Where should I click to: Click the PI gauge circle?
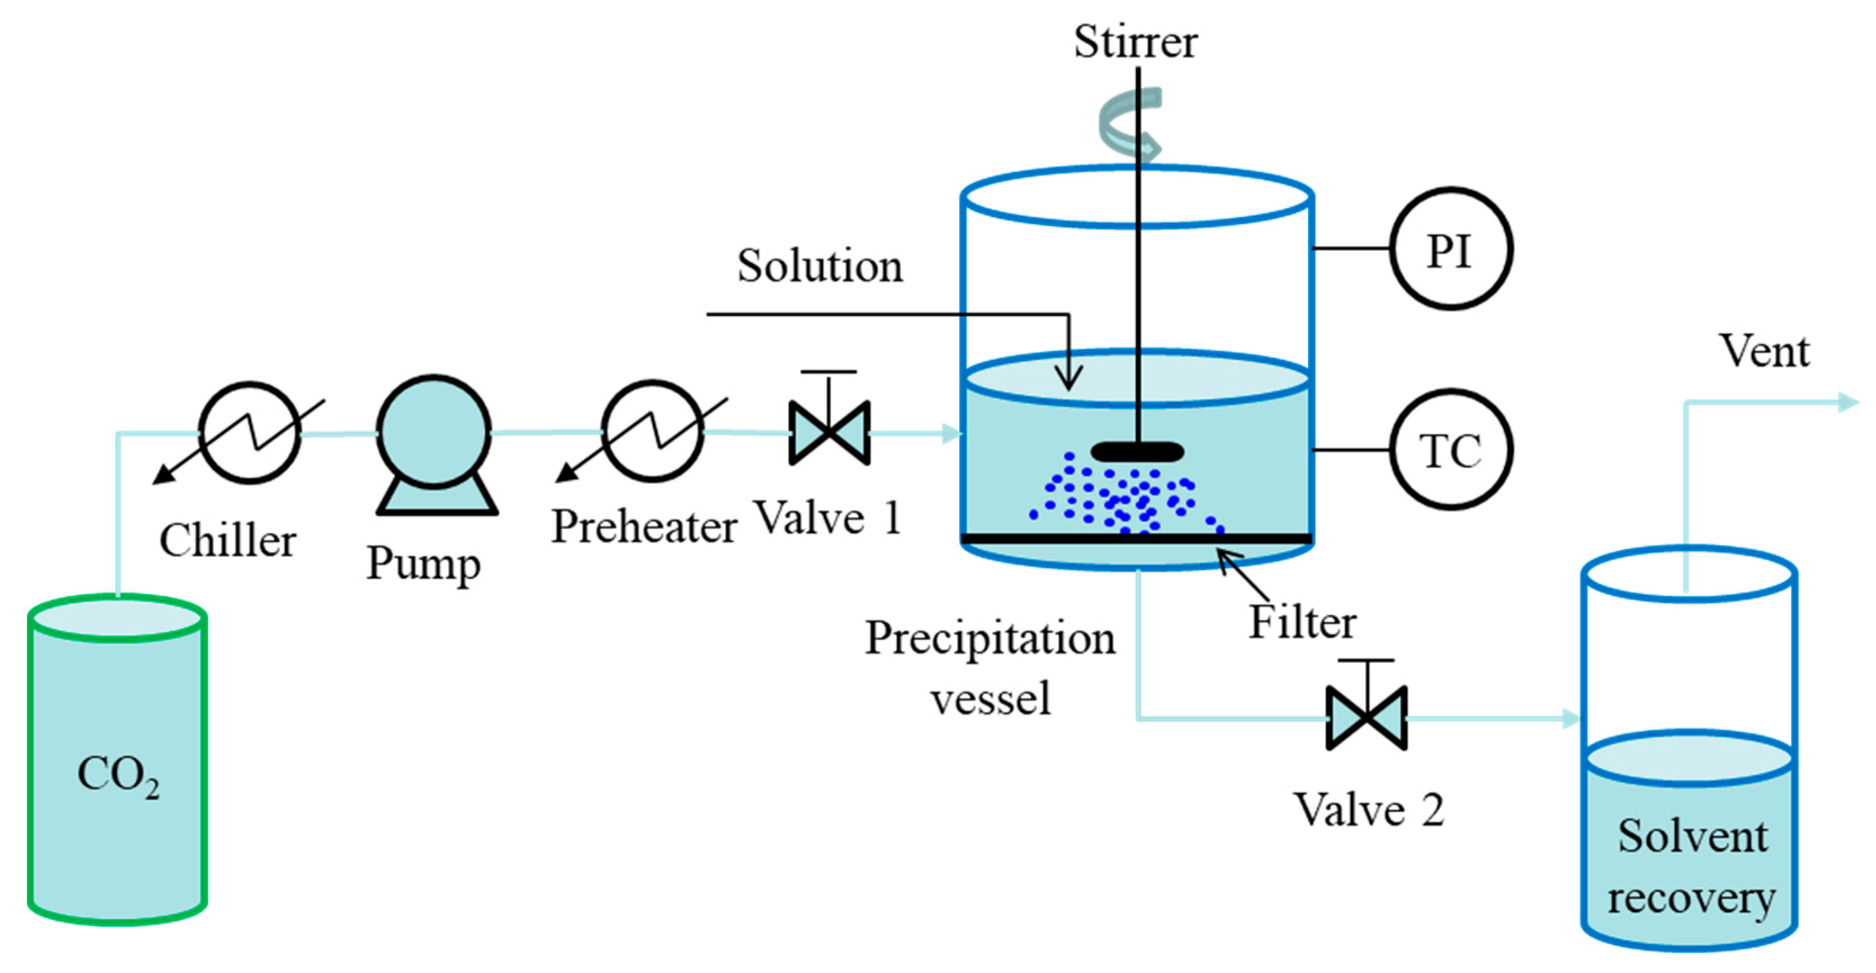coord(1450,249)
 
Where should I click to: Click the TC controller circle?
coord(1450,450)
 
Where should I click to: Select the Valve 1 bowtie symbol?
coord(829,433)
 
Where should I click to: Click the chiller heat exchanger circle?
coord(250,433)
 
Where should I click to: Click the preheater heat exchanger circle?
coord(652,431)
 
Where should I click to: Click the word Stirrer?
coord(1135,42)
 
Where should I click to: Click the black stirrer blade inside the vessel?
coord(1137,452)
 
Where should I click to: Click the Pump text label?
coord(423,564)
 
